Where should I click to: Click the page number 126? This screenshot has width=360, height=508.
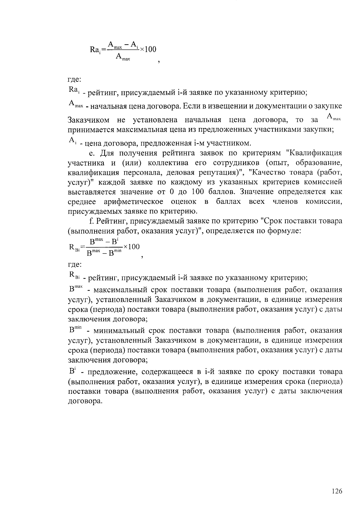pyautogui.click(x=337, y=491)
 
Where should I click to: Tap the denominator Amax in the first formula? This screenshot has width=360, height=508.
pyautogui.click(x=122, y=57)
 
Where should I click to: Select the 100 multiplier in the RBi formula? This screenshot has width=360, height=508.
pyautogui.click(x=133, y=247)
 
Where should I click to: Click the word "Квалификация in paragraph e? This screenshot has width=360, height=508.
pyautogui.click(x=314, y=153)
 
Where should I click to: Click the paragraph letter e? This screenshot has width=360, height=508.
pyautogui.click(x=92, y=153)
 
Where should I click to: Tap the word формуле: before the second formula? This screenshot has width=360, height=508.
pyautogui.click(x=284, y=231)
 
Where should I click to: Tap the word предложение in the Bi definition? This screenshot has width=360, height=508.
pyautogui.click(x=114, y=372)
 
